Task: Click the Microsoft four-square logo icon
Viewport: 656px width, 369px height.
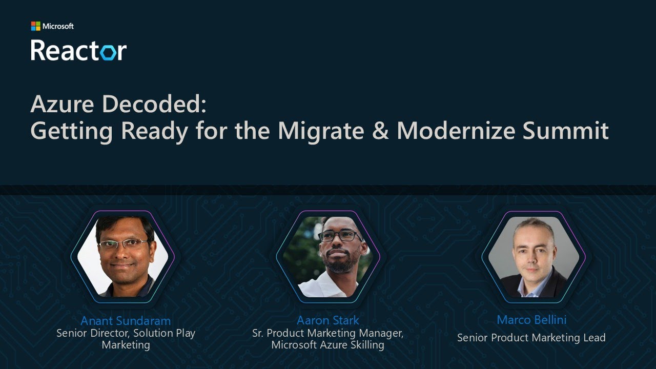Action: tap(35, 26)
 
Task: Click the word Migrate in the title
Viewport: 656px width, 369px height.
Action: tap(321, 131)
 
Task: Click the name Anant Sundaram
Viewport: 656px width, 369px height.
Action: tap(126, 321)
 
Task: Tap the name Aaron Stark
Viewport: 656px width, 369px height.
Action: tap(328, 321)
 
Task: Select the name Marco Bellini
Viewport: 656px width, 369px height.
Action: tap(531, 320)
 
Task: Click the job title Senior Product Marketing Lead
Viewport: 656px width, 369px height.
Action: tap(531, 338)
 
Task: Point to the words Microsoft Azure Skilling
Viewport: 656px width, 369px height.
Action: tap(328, 345)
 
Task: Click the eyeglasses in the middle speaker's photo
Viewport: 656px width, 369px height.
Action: tap(340, 236)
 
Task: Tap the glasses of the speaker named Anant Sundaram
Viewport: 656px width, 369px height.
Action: tap(123, 244)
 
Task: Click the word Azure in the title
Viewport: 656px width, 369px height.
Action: tap(63, 104)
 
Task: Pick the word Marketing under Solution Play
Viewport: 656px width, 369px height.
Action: tap(126, 345)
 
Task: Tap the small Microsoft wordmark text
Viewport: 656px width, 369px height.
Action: tap(58, 26)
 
